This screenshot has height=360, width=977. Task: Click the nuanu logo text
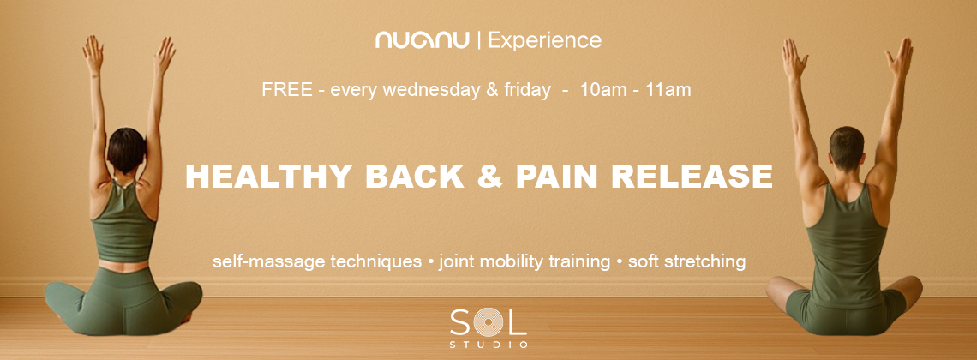point(422,41)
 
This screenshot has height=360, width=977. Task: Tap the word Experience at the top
point(544,41)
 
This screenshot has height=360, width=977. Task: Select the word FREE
point(287,90)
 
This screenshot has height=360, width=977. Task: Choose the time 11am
point(669,90)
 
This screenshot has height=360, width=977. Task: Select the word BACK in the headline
point(414,177)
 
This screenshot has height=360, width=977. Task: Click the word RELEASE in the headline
point(692,177)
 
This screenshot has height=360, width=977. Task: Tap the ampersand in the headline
point(489,177)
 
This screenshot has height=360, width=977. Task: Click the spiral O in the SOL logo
point(488,322)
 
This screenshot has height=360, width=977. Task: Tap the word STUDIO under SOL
point(488,345)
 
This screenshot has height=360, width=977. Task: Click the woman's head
point(126,150)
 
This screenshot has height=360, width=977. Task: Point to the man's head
point(847,147)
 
